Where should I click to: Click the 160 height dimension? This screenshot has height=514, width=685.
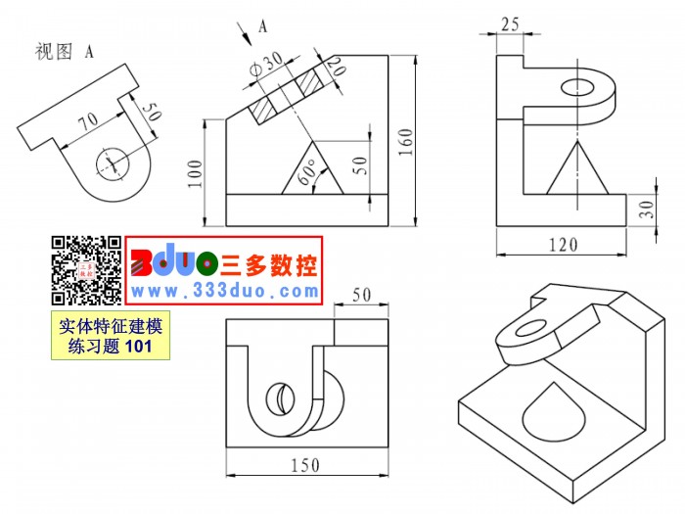[x=406, y=142]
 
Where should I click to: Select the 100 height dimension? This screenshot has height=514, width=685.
[x=196, y=174]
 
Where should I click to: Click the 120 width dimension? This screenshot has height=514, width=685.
[x=563, y=245]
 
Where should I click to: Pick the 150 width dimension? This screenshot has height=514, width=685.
[x=305, y=465]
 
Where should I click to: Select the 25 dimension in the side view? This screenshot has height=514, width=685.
[x=510, y=24]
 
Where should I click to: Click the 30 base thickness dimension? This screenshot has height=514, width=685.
[x=647, y=210]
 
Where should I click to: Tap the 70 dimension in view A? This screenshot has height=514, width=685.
[x=89, y=121]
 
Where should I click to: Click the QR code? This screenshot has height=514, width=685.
[x=87, y=270]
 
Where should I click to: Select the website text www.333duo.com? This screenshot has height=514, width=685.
[x=224, y=291]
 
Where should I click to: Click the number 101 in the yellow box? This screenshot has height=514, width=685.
[x=138, y=347]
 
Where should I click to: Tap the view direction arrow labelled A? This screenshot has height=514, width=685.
[x=245, y=33]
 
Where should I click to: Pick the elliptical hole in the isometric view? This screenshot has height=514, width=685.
[x=530, y=328]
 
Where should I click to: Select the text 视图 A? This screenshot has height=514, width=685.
[x=65, y=51]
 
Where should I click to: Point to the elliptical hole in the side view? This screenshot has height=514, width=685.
[x=577, y=87]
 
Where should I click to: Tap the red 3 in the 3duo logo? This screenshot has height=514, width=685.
[x=142, y=263]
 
